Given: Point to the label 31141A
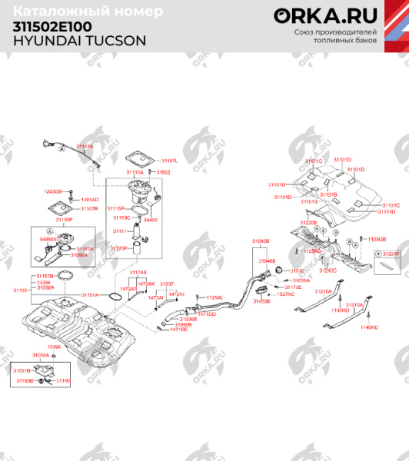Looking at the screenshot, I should (x=85, y=147).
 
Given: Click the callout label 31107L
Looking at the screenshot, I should (x=169, y=161).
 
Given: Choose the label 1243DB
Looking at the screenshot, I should (x=52, y=191).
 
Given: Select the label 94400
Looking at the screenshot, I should (x=151, y=220).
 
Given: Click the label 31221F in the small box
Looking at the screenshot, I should (x=392, y=253).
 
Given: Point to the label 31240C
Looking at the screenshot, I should (x=328, y=270).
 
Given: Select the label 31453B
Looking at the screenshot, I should (x=262, y=301).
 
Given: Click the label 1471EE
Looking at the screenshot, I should (x=178, y=329).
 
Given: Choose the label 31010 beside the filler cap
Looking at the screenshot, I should (x=297, y=270).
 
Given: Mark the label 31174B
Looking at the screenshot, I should (x=138, y=272).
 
